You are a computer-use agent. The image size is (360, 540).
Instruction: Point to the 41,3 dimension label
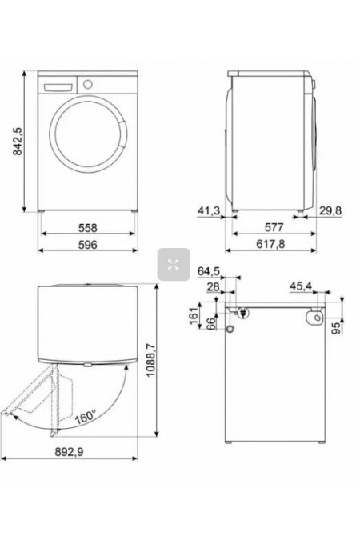point(208,211)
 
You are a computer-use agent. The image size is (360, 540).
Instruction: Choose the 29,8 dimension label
point(330,211)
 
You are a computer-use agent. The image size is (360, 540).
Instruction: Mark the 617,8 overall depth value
point(272,246)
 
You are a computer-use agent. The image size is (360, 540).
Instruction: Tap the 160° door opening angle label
point(85,417)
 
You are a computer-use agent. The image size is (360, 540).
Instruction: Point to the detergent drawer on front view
point(57,84)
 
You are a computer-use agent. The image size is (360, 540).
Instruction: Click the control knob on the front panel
point(87,83)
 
